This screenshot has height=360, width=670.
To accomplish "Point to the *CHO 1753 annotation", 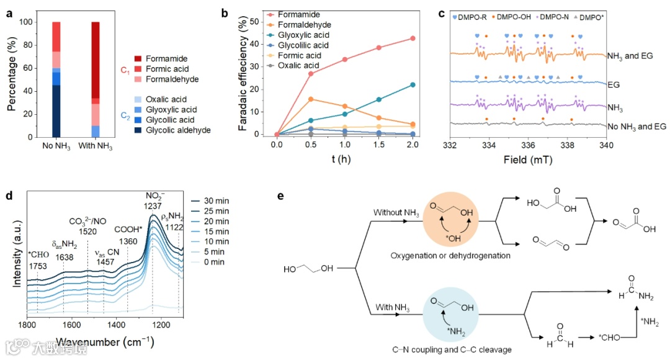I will tap(38, 258).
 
